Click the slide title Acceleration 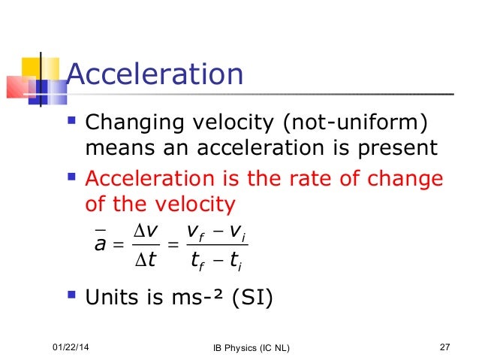(x=155, y=75)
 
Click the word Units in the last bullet (x=113, y=299)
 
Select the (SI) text (x=249, y=299)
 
